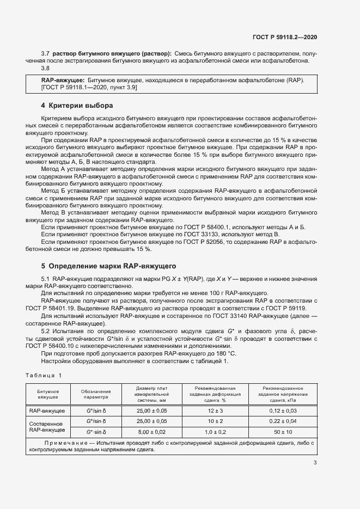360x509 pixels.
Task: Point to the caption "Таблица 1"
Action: point(44,375)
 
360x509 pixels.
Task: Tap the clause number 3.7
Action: point(45,54)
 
